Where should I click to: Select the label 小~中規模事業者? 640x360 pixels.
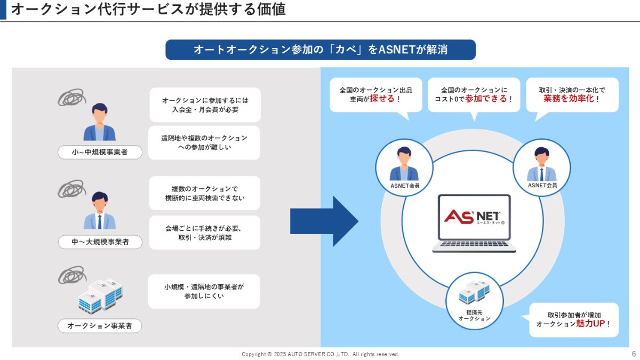point(100,153)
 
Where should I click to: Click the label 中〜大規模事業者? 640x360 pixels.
point(100,242)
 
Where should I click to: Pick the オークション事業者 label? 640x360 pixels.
point(100,325)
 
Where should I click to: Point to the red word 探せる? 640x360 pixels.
point(382,99)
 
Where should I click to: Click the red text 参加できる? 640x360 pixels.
point(486,99)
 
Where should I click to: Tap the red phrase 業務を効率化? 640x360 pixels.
point(569,99)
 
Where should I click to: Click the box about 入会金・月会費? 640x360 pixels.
point(205,105)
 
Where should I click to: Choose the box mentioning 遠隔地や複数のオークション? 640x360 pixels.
point(204,142)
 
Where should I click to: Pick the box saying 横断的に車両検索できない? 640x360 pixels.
point(204,194)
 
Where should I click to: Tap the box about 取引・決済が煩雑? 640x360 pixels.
point(204,233)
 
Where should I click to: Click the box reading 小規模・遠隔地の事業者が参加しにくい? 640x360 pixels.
point(204,291)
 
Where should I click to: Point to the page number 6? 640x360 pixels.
point(634,354)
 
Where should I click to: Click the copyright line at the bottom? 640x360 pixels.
point(320,354)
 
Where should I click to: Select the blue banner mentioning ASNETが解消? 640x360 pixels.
point(320,50)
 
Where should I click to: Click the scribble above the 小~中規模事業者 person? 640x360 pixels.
point(70,97)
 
